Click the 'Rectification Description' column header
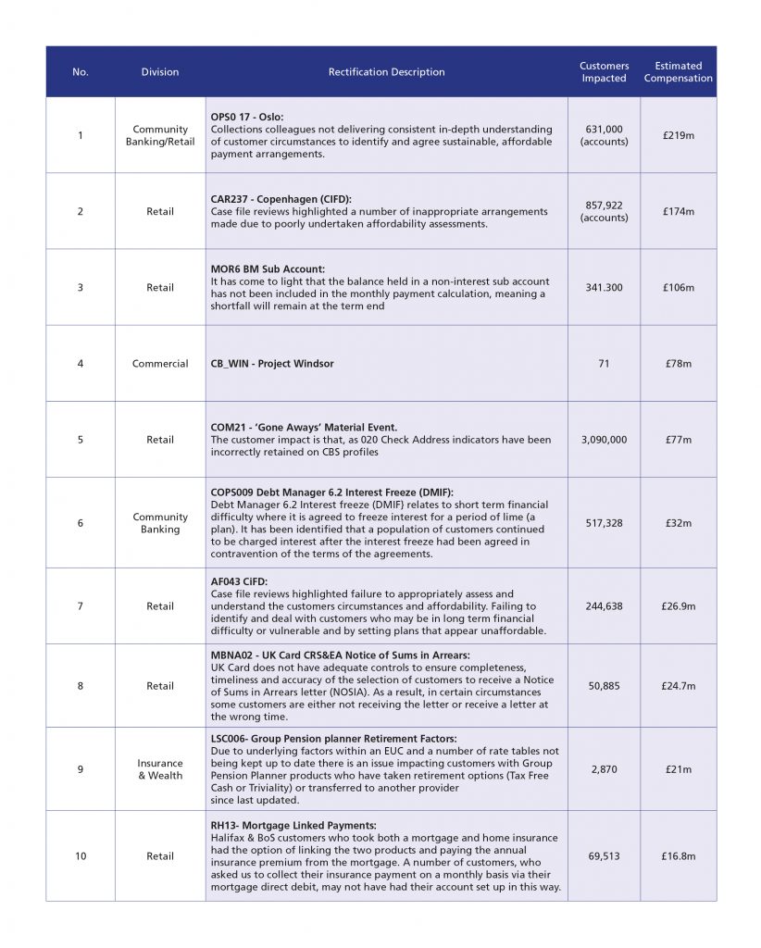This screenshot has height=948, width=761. (x=386, y=72)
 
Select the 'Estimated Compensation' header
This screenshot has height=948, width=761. (x=678, y=72)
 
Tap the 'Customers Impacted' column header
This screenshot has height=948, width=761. (x=604, y=72)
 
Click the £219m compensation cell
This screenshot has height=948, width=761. (x=678, y=136)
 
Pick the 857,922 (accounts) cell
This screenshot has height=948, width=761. (x=604, y=211)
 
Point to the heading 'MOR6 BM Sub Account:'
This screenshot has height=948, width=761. (x=268, y=269)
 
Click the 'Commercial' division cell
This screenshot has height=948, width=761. (x=160, y=364)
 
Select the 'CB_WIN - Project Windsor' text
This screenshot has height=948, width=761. (x=272, y=364)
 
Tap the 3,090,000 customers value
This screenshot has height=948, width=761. (x=604, y=440)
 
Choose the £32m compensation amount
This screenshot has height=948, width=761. (x=678, y=523)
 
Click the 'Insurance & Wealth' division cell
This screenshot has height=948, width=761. (x=160, y=769)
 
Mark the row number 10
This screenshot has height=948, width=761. (x=81, y=856)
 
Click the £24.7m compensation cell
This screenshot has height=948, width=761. (x=678, y=686)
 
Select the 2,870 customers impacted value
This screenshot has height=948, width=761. (x=604, y=769)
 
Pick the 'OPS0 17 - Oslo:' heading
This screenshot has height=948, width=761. (x=248, y=118)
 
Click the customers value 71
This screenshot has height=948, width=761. (x=604, y=364)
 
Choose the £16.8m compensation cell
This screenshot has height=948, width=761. (x=678, y=856)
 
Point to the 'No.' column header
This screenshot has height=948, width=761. (x=81, y=72)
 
